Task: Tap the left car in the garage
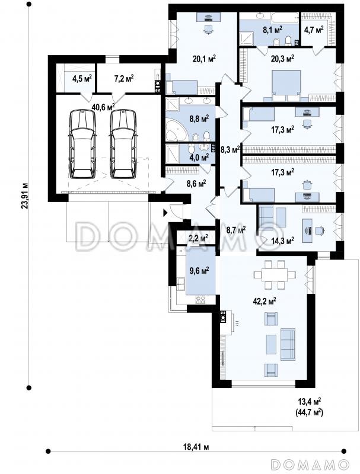pyautogui.click(x=82, y=144)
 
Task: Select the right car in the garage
pyautogui.click(x=123, y=144)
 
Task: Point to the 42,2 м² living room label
pyautogui.click(x=264, y=301)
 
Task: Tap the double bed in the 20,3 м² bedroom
pyautogui.click(x=286, y=86)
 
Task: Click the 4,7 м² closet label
pyautogui.click(x=313, y=30)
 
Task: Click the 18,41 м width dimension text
pyautogui.click(x=196, y=447)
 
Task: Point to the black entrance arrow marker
pyautogui.click(x=165, y=213)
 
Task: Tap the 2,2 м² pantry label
pyautogui.click(x=198, y=238)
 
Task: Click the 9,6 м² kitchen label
pyautogui.click(x=199, y=270)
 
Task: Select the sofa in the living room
pyautogui.click(x=288, y=345)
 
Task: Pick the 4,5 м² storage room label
pyautogui.click(x=82, y=79)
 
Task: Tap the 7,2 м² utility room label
pyautogui.click(x=124, y=79)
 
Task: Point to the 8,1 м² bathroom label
pyautogui.click(x=273, y=30)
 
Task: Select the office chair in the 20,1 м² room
pyautogui.click(x=208, y=30)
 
